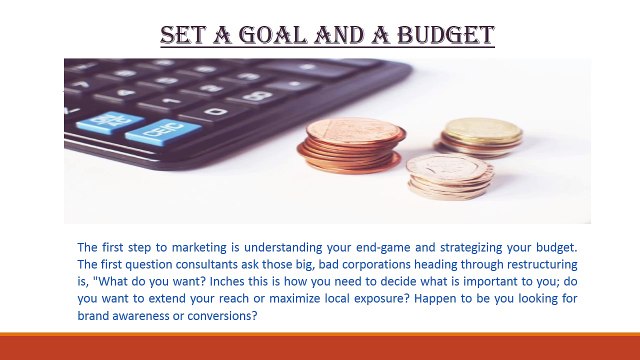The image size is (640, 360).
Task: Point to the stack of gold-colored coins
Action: (482, 136)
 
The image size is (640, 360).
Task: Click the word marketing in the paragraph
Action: (203, 246)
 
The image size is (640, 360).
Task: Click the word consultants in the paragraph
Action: (204, 263)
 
